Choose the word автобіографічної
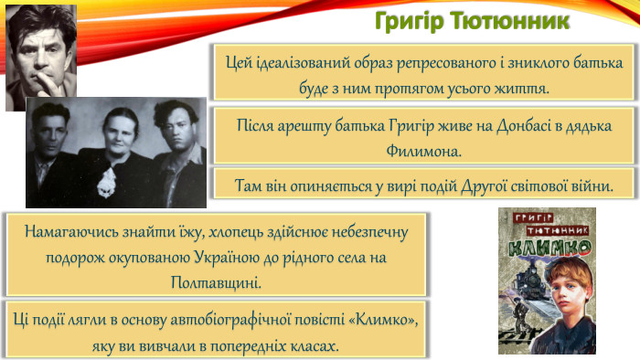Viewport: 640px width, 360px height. click(264, 321)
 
